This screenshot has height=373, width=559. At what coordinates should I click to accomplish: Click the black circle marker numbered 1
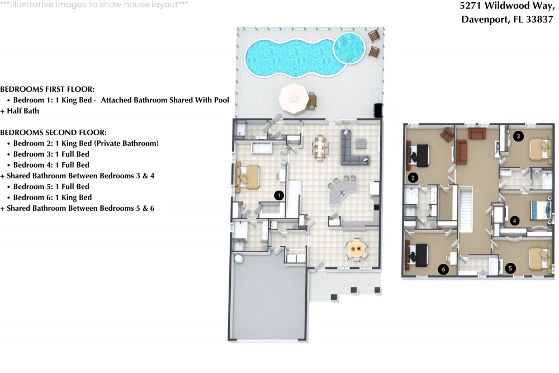pos(279,195)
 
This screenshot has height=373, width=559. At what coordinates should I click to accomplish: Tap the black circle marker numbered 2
pos(413,178)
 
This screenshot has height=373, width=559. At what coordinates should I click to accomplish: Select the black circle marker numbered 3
pos(518,136)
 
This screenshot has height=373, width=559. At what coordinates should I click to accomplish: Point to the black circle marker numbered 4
pos(514,221)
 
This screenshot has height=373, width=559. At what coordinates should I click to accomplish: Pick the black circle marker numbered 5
pos(510,268)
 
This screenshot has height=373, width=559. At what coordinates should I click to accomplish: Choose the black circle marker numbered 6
pos(443,270)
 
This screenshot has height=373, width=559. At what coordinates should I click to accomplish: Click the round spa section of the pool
pos(349,48)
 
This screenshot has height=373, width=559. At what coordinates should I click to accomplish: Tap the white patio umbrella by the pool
pos(294,99)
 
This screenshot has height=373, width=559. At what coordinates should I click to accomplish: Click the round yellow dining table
pos(356,248)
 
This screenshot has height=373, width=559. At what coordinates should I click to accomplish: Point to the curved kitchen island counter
pos(341,191)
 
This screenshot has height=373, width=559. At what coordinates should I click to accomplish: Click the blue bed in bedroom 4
pos(541,211)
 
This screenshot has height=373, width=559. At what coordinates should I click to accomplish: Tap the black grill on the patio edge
pos(378,110)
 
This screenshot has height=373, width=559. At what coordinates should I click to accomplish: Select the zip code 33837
pos(539,19)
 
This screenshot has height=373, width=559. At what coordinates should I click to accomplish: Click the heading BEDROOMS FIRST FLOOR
pos(47,89)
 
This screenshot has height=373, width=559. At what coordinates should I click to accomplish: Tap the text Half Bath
pos(23,111)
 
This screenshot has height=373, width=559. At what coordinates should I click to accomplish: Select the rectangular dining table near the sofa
pos(320,148)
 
